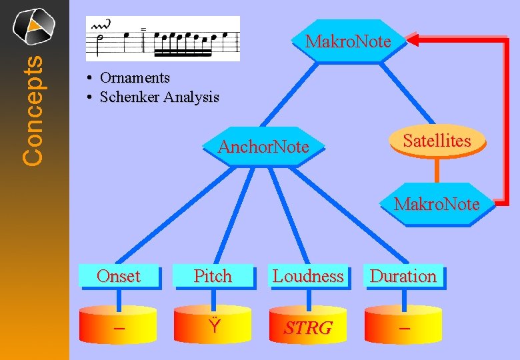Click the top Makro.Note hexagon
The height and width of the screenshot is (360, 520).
[348, 41]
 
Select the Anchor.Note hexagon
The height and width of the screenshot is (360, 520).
[263, 147]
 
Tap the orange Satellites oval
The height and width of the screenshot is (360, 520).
[437, 141]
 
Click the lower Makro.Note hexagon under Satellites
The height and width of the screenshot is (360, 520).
[437, 204]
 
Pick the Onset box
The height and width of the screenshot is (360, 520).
[119, 276]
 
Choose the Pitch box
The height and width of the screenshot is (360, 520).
[213, 276]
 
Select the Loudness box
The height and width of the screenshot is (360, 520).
[308, 276]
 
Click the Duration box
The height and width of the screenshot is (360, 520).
[403, 276]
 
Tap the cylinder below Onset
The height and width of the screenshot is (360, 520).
[119, 326]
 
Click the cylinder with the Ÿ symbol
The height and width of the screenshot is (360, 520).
[213, 326]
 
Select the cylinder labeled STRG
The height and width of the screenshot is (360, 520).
[308, 326]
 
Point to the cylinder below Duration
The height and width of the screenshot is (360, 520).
[403, 326]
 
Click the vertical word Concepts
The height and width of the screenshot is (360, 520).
[33, 110]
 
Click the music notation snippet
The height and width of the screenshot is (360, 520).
[163, 39]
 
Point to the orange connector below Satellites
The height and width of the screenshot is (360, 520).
[437, 170]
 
